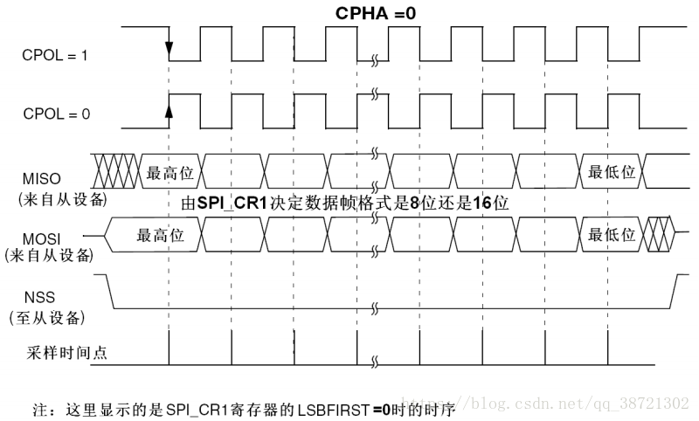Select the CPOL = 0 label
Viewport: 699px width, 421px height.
pyautogui.click(x=54, y=114)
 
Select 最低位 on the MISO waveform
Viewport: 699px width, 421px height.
pyautogui.click(x=611, y=172)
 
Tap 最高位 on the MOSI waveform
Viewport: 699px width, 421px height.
pyautogui.click(x=161, y=234)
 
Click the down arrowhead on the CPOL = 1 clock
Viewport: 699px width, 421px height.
pyautogui.click(x=169, y=48)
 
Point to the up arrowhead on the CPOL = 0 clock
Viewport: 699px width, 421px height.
pyautogui.click(x=169, y=109)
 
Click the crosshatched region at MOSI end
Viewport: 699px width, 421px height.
pyautogui.click(x=659, y=232)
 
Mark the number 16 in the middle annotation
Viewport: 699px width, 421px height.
pyautogui.click(x=481, y=203)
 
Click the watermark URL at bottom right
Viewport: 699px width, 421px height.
pyautogui.click(x=577, y=404)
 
